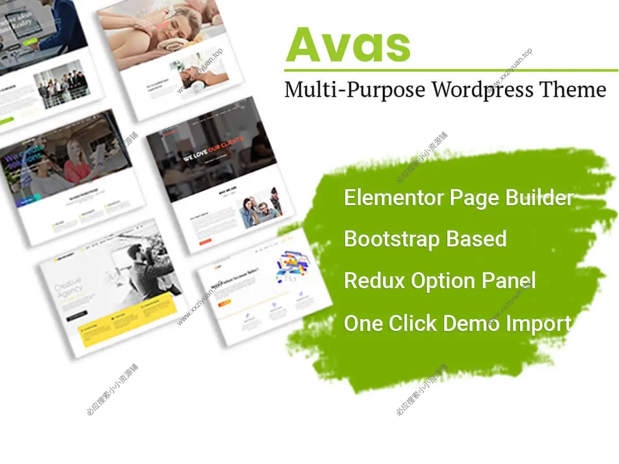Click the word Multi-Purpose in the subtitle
coord(355,89)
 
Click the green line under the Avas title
coord(451,70)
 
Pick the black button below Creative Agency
coord(76,313)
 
